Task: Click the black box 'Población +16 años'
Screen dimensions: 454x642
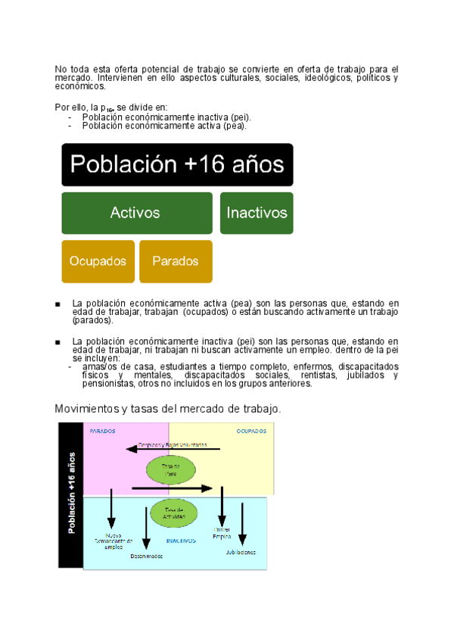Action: pos(178,164)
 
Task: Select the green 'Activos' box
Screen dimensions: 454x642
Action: pos(136,213)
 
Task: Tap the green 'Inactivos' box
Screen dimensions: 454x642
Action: pos(257,213)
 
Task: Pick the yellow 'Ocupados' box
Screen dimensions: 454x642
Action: pos(98,261)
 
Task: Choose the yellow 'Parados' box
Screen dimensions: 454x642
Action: pos(176,261)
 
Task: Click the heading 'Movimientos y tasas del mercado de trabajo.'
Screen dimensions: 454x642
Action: pos(168,409)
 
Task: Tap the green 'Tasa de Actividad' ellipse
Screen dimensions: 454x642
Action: pos(175,513)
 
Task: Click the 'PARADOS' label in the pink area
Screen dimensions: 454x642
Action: pos(103,431)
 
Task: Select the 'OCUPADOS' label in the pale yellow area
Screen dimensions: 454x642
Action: pos(250,431)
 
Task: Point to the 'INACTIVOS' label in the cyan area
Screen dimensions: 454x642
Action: pos(181,541)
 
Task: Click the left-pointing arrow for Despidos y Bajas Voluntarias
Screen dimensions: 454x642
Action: pos(173,449)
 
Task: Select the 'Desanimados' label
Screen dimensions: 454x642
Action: pos(146,556)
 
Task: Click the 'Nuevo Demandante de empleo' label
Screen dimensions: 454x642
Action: pos(113,541)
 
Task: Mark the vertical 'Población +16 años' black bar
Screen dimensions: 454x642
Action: pos(71,494)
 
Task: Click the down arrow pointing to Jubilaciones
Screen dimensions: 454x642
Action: pos(242,522)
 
